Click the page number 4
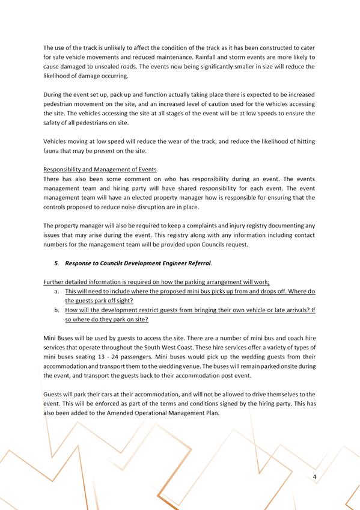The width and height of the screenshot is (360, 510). pos(314,477)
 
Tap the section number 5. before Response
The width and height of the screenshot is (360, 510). pos(57,263)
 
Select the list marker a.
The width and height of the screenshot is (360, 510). pos(56,291)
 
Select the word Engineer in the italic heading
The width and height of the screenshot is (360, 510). pos(173,263)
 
